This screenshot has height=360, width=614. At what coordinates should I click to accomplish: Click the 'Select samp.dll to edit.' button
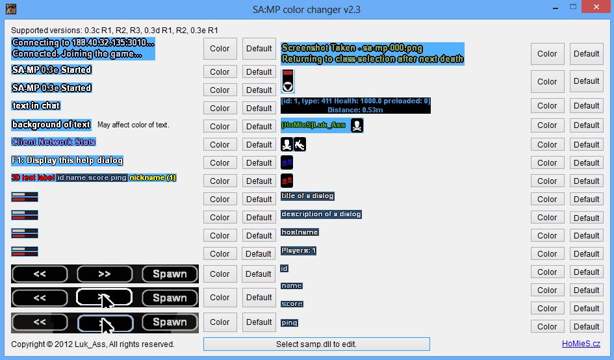[x=316, y=344]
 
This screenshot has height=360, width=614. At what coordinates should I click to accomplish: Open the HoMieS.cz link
[x=582, y=344]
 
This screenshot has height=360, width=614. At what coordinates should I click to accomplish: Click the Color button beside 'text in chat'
[x=220, y=108]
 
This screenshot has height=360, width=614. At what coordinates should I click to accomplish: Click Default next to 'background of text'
[x=259, y=126]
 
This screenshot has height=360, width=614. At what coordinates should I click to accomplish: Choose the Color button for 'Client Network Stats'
[x=220, y=144]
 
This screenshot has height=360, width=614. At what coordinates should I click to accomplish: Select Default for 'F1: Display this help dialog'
[x=259, y=162]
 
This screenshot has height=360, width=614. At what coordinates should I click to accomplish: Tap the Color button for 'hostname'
[x=547, y=235]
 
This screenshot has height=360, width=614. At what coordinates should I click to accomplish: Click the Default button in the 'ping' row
[x=586, y=326]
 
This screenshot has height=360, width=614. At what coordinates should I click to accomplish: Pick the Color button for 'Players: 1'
[x=547, y=253]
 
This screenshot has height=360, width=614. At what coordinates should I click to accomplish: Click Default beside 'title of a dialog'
[x=586, y=199]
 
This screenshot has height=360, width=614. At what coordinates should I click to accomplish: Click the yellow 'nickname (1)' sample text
[x=153, y=177]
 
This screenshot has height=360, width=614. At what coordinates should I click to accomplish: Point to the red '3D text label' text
[x=32, y=177]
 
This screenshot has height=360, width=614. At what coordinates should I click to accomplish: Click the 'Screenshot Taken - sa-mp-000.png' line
[x=352, y=48]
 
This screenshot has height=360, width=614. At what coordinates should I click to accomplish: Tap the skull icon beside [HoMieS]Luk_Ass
[x=357, y=125]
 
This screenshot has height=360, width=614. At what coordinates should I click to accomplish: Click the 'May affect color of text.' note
[x=133, y=125]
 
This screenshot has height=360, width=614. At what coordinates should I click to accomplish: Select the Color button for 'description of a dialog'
[x=547, y=217]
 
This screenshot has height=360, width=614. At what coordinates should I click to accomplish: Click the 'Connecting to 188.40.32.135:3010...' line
[x=83, y=43]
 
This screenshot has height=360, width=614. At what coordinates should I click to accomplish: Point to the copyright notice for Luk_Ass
[x=93, y=344]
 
